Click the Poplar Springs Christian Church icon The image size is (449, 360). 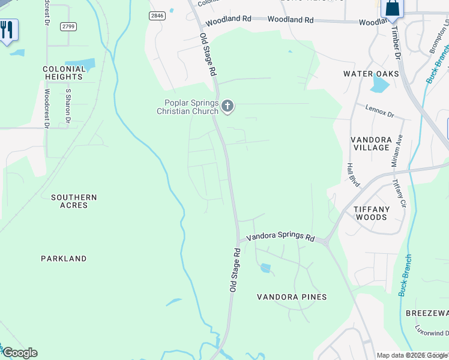pos(227,107)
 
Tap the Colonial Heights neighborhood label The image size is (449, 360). pos(64,73)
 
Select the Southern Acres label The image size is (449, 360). pos(73,201)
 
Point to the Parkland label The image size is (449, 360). pos(64,259)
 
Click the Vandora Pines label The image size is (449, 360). pos(292,297)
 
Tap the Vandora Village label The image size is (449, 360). pos(371,143)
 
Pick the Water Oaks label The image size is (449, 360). pos(371,74)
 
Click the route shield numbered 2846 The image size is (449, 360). pos(158,16)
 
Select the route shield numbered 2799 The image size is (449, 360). pos(68,26)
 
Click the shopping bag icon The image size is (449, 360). pos(392,8)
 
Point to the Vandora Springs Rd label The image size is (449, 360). pos(281,236)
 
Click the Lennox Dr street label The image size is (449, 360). pos(379,110)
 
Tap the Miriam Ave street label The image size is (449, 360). pos(396,151)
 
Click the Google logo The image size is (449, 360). pos(19,353)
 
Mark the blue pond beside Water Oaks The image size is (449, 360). pos(379,83)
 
